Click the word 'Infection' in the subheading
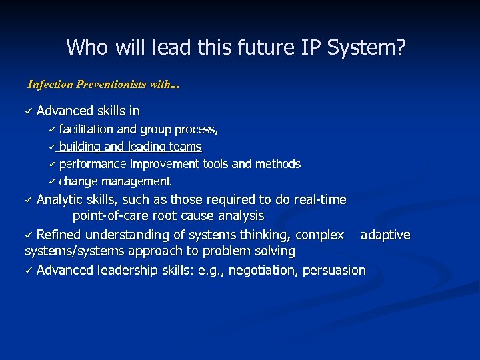click(51, 85)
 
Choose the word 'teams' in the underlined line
click(186, 147)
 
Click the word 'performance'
click(93, 164)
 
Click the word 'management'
click(137, 181)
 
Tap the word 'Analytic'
click(61, 199)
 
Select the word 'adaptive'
click(385, 235)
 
